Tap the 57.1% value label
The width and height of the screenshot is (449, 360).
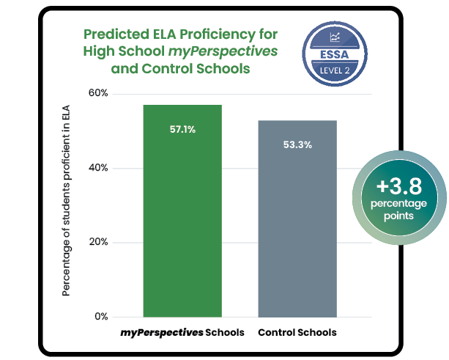[182, 130]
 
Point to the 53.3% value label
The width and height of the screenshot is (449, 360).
[297, 144]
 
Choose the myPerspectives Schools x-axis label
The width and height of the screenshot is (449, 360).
[182, 333]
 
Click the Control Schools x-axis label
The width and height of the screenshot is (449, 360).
[297, 333]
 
